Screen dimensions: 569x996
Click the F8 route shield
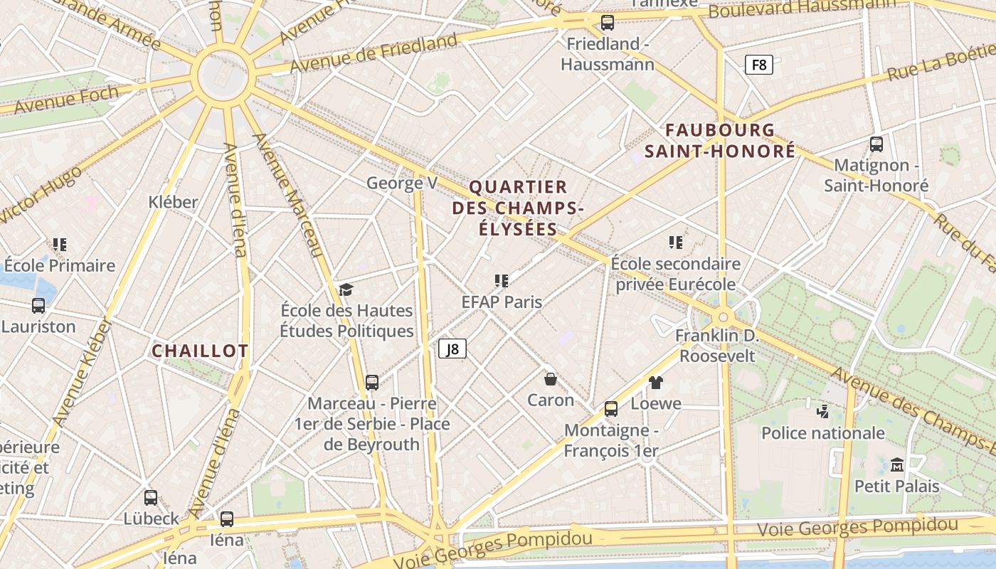coord(759,65)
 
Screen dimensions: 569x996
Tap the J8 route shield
coord(452,349)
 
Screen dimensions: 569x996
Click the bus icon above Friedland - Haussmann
coord(607,23)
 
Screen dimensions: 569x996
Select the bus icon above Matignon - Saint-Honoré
coord(876,144)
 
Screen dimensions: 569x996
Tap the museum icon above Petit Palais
coord(896,465)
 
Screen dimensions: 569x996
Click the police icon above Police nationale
coord(822,411)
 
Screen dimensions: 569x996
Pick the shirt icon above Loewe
coord(655,383)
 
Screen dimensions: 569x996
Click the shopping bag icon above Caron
coord(550,378)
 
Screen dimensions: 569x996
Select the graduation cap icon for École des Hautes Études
coord(346,289)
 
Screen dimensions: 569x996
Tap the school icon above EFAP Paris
coord(502,281)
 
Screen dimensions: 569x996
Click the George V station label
coord(401,183)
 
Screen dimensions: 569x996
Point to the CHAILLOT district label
coord(200,351)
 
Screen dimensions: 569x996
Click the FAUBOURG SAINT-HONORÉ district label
coord(720,141)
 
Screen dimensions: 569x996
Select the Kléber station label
coord(173,202)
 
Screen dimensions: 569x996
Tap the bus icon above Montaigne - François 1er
coord(610,409)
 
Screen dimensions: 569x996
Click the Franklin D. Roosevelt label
coord(717,345)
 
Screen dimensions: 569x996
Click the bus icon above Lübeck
coord(151,498)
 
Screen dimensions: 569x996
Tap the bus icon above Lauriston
coord(38,306)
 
